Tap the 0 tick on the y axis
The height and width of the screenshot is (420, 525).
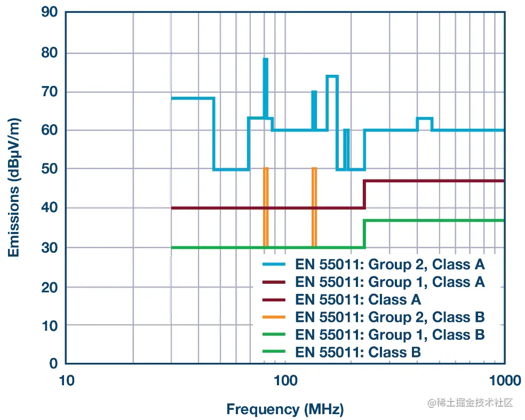pos(53,363)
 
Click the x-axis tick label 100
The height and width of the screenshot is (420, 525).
pos(284,381)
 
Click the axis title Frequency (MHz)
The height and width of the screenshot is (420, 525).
pos(285,409)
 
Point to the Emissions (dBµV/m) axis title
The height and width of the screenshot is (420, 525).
pos(14,188)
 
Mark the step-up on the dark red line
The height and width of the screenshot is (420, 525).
pos(364,195)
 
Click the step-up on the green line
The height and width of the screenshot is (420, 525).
pos(364,234)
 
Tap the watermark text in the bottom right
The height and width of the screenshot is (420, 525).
pos(470,402)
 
